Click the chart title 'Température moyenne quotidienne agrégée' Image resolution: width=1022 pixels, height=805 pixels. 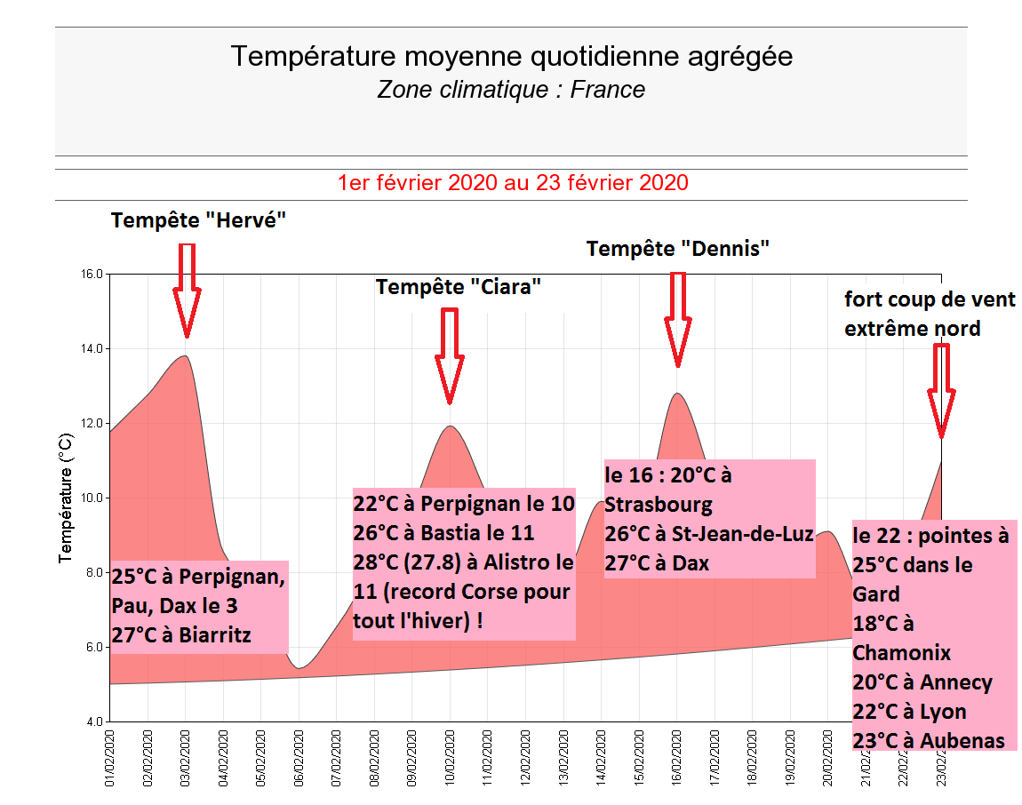(x=511, y=57)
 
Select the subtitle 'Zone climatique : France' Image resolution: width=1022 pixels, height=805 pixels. (x=511, y=90)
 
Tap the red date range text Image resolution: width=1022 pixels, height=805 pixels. (x=513, y=183)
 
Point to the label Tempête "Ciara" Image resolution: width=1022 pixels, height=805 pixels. (x=459, y=287)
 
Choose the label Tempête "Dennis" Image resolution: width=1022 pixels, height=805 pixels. (x=677, y=249)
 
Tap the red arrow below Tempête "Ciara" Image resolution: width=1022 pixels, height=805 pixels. (x=450, y=355)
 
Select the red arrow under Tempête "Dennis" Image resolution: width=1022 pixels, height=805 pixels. (x=678, y=320)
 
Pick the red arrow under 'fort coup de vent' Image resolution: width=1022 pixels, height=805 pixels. (x=941, y=391)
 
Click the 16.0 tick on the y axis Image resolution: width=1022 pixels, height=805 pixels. (x=92, y=274)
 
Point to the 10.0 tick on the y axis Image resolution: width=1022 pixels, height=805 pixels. (x=92, y=498)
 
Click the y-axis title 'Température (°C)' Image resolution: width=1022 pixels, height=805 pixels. (x=65, y=498)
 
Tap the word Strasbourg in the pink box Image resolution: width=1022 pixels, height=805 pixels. (x=659, y=506)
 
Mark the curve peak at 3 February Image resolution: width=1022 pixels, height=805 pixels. (x=185, y=356)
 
